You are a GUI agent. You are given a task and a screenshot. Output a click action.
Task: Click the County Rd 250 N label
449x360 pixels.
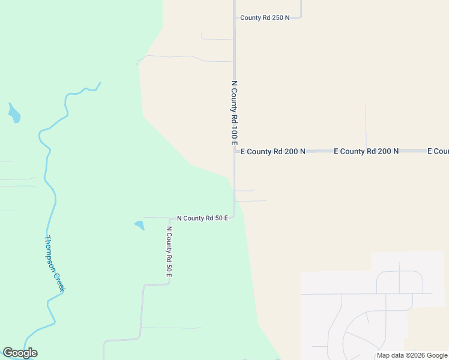265,18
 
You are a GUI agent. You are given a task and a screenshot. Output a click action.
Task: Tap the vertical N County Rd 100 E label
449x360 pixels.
235,113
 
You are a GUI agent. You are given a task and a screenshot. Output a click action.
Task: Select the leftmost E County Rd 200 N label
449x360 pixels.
273,152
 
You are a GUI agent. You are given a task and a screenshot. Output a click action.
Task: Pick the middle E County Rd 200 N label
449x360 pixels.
366,151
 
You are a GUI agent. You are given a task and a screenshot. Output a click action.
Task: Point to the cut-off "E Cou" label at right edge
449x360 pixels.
438,151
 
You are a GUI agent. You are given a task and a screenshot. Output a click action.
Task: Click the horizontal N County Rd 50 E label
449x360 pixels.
202,218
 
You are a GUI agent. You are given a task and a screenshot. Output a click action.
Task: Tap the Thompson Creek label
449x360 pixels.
54,263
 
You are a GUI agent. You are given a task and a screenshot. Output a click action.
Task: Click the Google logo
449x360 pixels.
20,353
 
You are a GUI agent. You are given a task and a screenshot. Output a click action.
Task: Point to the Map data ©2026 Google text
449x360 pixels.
412,355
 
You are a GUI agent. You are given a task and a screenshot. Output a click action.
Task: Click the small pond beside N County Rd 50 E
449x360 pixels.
140,226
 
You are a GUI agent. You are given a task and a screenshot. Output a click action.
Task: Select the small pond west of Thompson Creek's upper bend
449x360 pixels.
14,113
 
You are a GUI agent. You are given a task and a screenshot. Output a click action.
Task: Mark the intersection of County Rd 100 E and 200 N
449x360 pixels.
235,151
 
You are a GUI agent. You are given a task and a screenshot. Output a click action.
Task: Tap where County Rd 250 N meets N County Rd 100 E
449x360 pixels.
235,18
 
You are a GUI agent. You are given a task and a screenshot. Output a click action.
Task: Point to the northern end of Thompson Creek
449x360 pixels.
100,82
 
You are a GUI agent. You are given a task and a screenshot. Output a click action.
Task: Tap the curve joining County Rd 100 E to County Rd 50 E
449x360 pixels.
233,215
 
